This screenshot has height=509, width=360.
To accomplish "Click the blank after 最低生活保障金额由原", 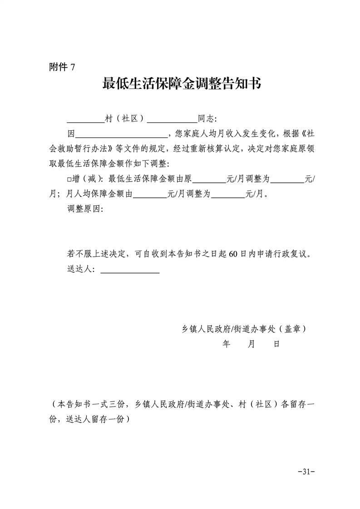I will pos(210,182).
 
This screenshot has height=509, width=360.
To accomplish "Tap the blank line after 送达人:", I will pos(130,272).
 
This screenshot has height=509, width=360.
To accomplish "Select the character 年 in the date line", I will pos(227,344).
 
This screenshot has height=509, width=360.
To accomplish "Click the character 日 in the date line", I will pos(276,344).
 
